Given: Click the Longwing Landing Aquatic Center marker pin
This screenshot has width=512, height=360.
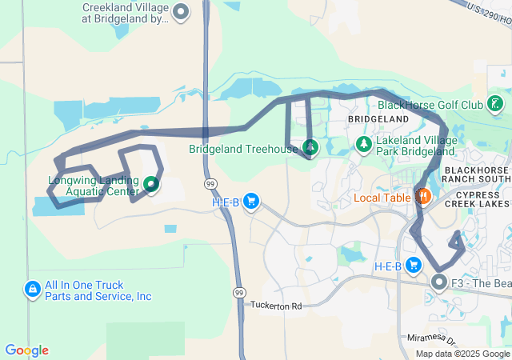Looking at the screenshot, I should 151,186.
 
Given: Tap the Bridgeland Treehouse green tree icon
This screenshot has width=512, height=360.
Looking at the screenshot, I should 310,147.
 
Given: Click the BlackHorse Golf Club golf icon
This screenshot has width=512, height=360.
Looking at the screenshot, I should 496,103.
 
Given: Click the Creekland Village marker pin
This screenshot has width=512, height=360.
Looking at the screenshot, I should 182,11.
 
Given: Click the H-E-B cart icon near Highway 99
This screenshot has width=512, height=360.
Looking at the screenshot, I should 251,201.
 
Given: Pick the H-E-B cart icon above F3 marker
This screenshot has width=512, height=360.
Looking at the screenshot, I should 414,265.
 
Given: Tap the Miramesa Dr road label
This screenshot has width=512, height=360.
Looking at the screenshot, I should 430,338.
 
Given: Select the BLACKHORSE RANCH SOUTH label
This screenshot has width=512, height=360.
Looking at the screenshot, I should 477,174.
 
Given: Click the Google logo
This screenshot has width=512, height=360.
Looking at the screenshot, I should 26,350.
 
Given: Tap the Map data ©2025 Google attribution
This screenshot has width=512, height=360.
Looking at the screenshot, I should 462,354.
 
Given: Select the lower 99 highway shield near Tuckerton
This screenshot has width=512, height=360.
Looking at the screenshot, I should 239,294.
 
